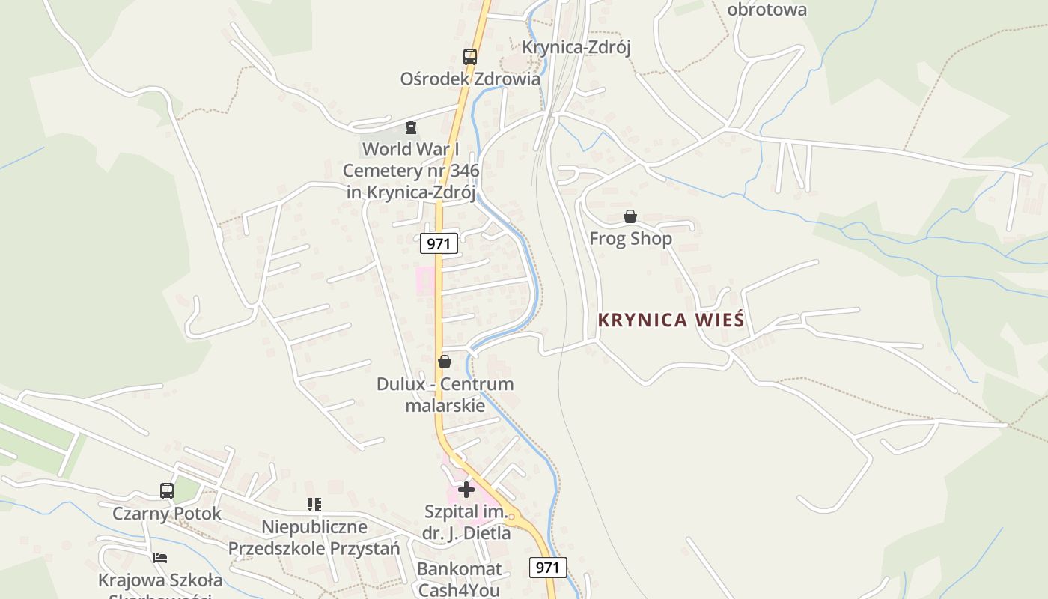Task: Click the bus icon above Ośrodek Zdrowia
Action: [469, 56]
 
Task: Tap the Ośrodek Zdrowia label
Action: [470, 79]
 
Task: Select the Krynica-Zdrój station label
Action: [576, 47]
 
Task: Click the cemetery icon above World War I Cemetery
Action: [410, 127]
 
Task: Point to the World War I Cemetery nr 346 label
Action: [411, 171]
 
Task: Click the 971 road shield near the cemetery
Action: [439, 243]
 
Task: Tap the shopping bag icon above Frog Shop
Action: [630, 217]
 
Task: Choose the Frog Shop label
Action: [630, 239]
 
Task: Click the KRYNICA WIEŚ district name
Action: [671, 320]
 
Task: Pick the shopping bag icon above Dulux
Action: [445, 362]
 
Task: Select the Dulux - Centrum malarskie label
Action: [445, 395]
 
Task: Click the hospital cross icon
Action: [466, 490]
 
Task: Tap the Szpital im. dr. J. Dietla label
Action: [467, 523]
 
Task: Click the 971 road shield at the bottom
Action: [548, 568]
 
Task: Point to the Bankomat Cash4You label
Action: [459, 579]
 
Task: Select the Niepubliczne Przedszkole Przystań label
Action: [314, 538]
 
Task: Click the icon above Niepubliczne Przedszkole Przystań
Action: [314, 505]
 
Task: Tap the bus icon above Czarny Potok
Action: [167, 491]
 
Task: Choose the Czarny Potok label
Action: [167, 514]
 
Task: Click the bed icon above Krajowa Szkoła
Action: [159, 558]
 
